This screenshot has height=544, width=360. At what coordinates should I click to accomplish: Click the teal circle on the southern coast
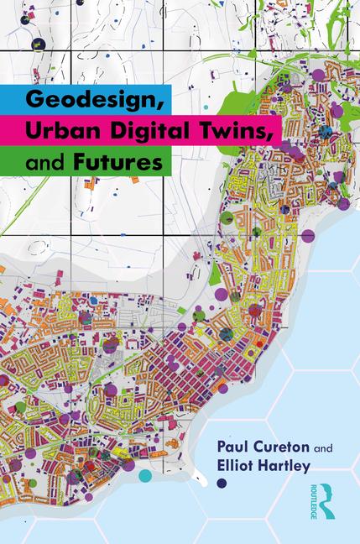pyautogui.click(x=145, y=475)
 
